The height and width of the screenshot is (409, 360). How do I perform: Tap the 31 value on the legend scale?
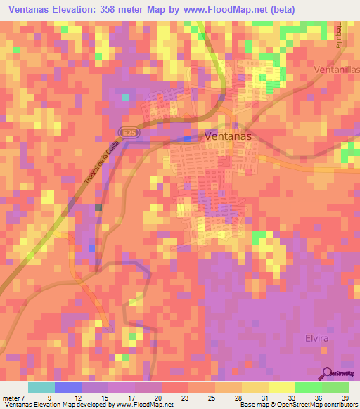255,397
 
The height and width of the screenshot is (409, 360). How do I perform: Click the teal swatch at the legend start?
41,387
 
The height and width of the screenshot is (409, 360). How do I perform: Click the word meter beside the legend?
11,397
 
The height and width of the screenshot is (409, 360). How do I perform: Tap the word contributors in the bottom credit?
339,405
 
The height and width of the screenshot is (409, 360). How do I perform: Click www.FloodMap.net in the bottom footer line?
149,405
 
